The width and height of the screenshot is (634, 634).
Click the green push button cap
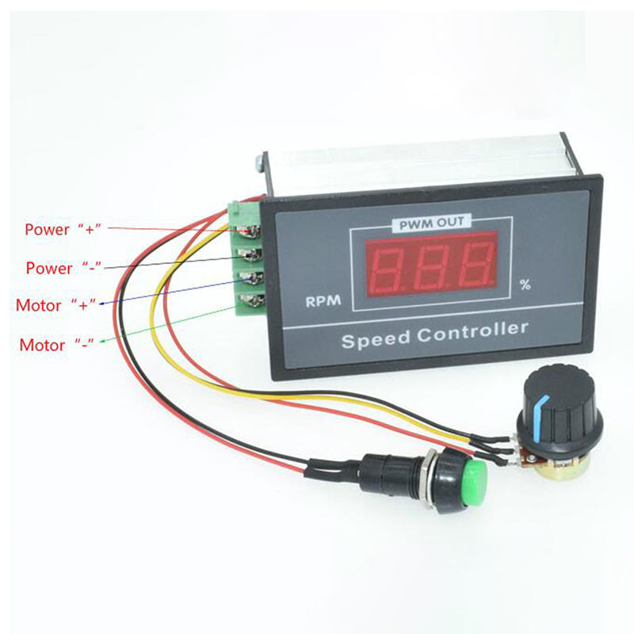coord(473,483)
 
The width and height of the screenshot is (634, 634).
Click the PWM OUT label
coord(431,223)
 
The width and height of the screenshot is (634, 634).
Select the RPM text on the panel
coord(323,301)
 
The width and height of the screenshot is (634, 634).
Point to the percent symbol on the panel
coord(525,285)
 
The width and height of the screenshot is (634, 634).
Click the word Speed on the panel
coord(375,339)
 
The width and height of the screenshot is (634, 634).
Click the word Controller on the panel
coord(472,331)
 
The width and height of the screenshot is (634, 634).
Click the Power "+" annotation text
coord(63,229)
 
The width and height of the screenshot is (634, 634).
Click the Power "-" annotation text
coord(63,268)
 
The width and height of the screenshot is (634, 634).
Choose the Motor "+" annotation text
coord(55,305)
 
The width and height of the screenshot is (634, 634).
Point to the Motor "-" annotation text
coord(56,345)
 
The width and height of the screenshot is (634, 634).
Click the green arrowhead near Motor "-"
coord(102,342)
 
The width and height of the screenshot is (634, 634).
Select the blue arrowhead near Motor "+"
coord(102,304)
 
